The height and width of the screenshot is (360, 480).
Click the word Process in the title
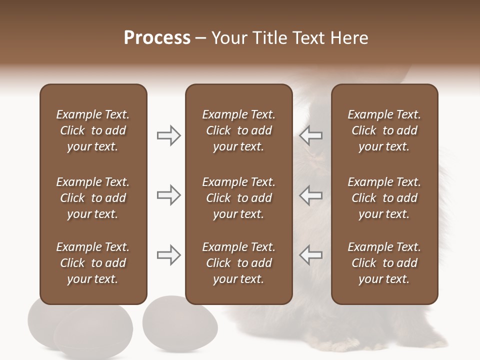[x=157, y=38]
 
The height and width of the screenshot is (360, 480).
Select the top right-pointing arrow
[x=168, y=135]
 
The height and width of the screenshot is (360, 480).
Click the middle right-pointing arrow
[x=168, y=195]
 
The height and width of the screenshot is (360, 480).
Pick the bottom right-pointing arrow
[x=168, y=255]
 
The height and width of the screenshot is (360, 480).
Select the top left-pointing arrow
[x=311, y=135]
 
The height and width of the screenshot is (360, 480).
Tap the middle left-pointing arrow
[x=311, y=195]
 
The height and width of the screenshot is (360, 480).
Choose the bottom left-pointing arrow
[x=311, y=255]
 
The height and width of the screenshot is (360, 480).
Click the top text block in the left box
[x=93, y=130]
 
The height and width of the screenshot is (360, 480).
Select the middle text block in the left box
[x=93, y=198]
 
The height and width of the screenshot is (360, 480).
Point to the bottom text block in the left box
[x=93, y=263]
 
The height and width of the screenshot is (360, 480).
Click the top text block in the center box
[x=238, y=130]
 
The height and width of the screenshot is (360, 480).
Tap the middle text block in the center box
[x=238, y=198]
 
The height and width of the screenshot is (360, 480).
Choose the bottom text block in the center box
[x=238, y=263]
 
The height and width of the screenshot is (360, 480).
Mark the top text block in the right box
[x=384, y=130]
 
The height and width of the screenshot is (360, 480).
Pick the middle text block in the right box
[x=384, y=198]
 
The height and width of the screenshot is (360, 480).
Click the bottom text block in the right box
[x=384, y=263]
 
